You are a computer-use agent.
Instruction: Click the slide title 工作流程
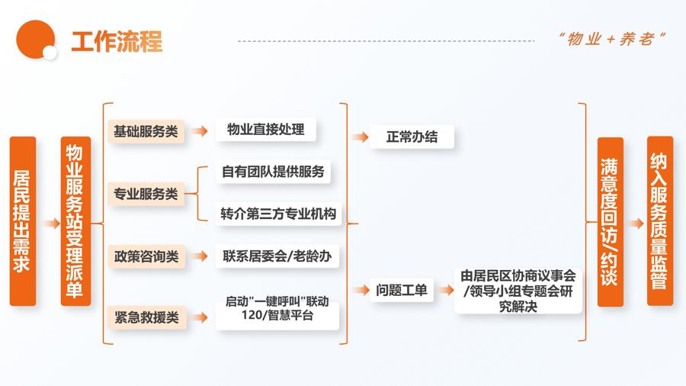point(117,41)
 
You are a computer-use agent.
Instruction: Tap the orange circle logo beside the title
point(36,39)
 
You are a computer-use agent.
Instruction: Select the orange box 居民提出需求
point(23,221)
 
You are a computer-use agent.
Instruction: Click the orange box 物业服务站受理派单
point(75,221)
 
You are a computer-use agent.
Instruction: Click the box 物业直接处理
point(265,130)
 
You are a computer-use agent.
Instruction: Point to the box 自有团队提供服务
point(273,172)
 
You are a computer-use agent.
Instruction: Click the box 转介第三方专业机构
point(277,214)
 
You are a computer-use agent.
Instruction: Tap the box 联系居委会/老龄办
point(277,256)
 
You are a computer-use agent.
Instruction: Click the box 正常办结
point(412,137)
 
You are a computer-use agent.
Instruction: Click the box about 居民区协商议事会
point(518,290)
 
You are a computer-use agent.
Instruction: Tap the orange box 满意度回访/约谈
point(610,221)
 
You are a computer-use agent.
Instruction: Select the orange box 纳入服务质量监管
point(659,221)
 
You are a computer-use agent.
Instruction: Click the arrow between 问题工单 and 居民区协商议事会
point(446,290)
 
